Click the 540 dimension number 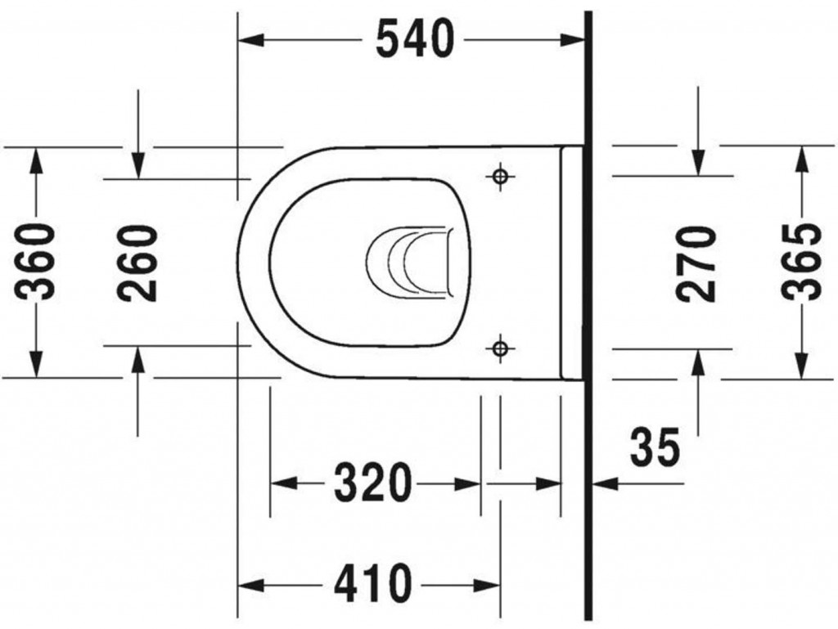click(x=415, y=40)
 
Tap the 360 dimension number click(x=36, y=262)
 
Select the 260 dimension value click(x=137, y=263)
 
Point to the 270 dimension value click(x=696, y=263)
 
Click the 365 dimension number click(x=800, y=262)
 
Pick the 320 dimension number click(x=373, y=483)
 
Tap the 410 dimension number click(x=373, y=584)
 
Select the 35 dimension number click(x=656, y=447)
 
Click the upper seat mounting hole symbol click(x=500, y=176)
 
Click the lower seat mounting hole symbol click(x=500, y=348)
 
